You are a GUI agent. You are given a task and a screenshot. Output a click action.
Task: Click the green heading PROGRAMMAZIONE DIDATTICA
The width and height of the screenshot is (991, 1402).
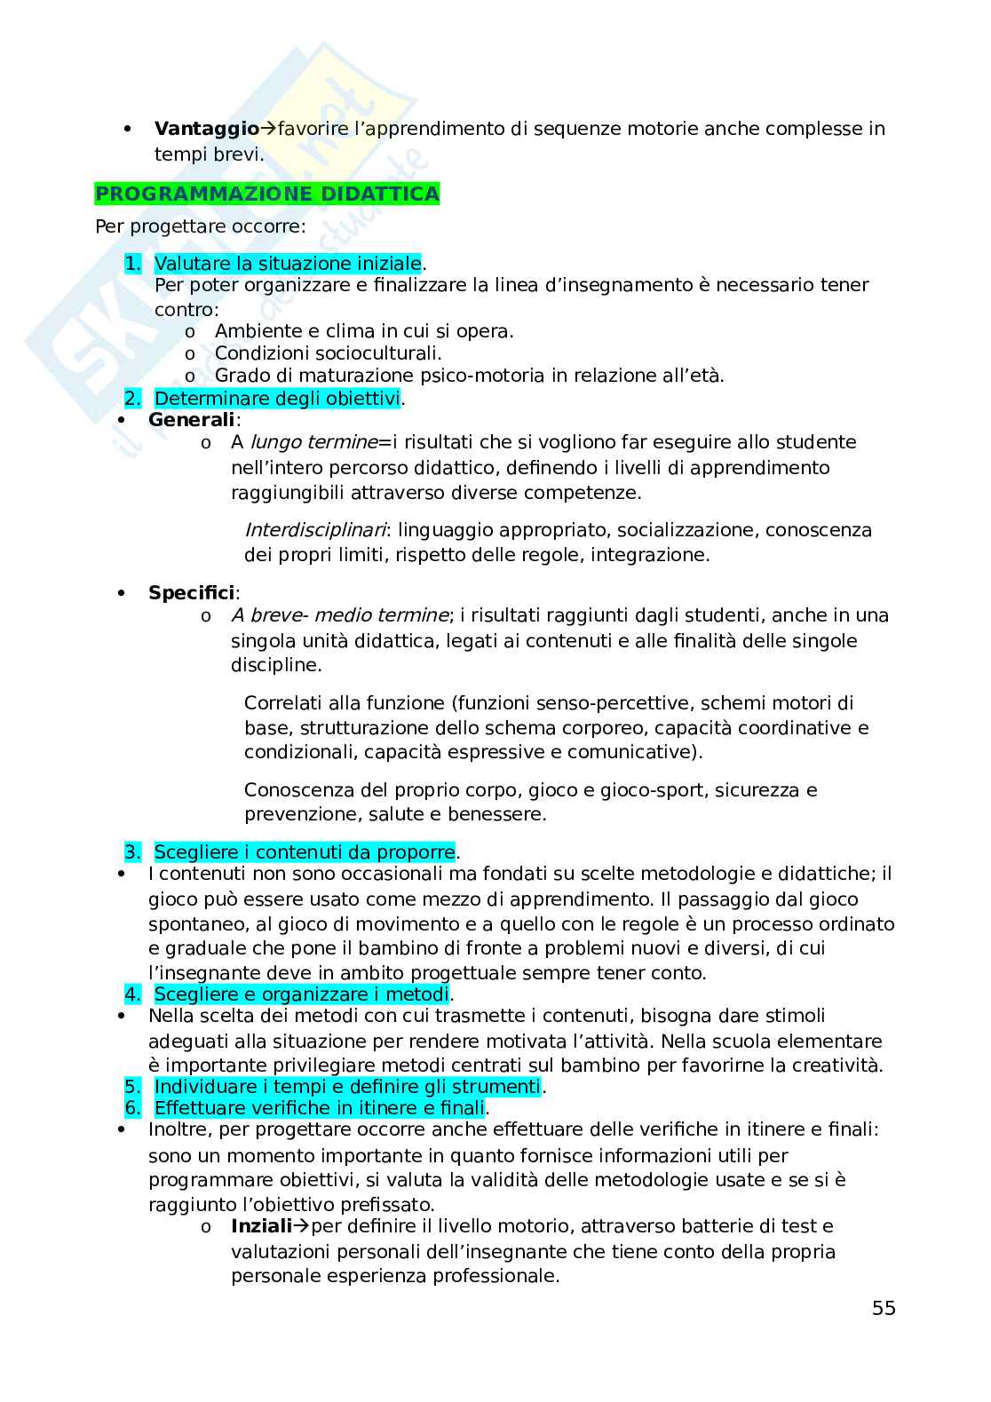(x=267, y=194)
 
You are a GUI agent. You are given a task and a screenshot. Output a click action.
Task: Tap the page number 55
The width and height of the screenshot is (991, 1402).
(x=884, y=1308)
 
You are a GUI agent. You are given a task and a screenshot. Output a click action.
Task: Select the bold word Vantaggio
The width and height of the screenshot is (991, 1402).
(x=206, y=129)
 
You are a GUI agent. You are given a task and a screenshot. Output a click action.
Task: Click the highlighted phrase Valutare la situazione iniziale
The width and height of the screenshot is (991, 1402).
(x=288, y=263)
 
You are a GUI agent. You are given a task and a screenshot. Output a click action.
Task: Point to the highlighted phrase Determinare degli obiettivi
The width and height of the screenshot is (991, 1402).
(x=277, y=399)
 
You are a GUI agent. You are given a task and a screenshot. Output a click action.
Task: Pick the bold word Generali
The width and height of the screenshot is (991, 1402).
(x=192, y=419)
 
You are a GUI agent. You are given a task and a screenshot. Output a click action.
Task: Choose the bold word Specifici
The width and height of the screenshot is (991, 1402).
(x=192, y=592)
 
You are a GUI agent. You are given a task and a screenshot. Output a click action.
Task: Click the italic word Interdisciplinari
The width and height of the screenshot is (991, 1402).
(x=315, y=530)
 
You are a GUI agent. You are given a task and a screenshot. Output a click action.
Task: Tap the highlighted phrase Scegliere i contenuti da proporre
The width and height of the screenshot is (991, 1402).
(x=305, y=852)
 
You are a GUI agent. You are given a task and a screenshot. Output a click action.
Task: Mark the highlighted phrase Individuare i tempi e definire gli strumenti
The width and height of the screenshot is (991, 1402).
(x=347, y=1087)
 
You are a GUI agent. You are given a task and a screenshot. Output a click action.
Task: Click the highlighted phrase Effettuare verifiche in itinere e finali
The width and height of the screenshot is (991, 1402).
(x=320, y=1108)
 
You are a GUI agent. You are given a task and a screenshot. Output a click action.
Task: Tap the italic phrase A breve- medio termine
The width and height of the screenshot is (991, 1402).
(x=340, y=615)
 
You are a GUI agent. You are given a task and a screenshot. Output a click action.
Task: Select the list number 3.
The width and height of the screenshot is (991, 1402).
(x=132, y=852)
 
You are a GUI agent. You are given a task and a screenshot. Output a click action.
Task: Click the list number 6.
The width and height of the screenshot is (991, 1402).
(x=132, y=1108)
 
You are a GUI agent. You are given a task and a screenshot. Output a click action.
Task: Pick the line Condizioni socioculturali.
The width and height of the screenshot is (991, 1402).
(x=328, y=353)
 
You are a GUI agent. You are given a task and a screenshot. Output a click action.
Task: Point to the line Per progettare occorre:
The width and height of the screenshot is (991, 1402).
(x=201, y=226)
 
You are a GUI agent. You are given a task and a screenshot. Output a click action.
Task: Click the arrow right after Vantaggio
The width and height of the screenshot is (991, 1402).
(x=268, y=129)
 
